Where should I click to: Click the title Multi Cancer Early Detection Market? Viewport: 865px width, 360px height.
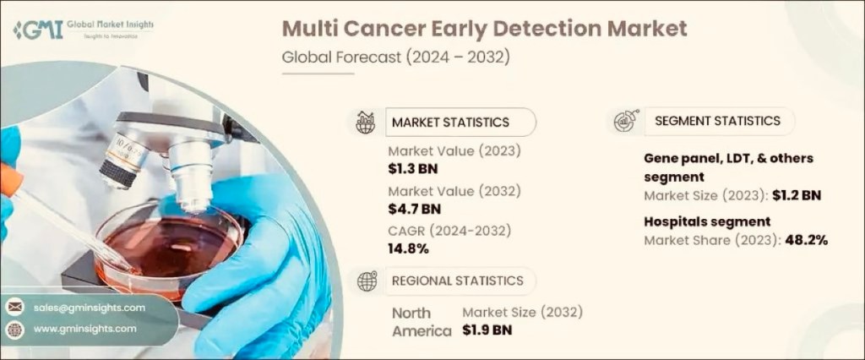coord(484,28)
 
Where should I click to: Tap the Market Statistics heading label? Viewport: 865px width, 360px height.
coord(450,122)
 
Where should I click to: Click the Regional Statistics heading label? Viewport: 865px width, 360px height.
coord(457,281)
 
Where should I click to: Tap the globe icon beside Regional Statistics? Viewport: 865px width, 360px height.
coord(367,281)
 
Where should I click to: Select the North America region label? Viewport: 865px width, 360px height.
coord(421,322)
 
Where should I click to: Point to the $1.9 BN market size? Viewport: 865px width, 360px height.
coord(487,330)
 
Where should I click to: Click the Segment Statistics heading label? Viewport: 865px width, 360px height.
coord(717,121)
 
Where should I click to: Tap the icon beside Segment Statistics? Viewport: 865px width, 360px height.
coord(626,121)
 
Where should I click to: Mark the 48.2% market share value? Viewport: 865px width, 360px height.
coord(804,239)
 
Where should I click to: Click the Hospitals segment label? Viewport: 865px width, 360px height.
coord(707,221)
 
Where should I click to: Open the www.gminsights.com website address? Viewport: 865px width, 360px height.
coord(85,328)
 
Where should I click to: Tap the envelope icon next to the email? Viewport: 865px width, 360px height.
coord(15,308)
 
